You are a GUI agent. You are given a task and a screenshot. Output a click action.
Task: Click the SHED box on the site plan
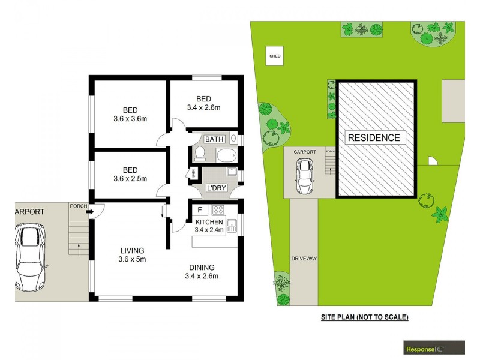[x=274, y=57]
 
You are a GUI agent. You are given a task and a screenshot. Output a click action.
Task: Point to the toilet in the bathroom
[x=200, y=154]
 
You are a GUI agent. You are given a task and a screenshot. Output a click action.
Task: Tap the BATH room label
[x=214, y=139]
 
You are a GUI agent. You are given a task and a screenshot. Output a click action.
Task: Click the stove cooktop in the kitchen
[x=218, y=211]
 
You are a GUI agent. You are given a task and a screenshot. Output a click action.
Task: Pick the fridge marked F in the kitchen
[x=199, y=211]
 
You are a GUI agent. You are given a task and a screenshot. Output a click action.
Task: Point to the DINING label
[x=201, y=268]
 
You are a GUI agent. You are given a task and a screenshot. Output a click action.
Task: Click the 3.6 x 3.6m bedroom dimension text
[x=131, y=119]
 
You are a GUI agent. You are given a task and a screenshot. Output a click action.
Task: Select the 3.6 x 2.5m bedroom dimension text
[x=131, y=179]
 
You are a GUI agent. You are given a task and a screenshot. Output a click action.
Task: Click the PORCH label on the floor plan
[x=77, y=206]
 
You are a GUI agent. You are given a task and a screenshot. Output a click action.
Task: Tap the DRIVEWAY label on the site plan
[x=304, y=258]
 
